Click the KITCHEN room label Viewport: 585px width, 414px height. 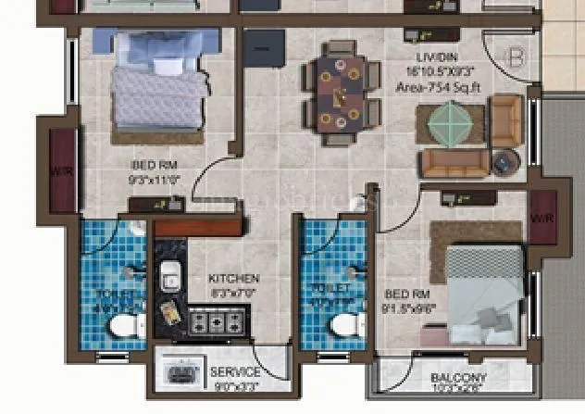point(234,279)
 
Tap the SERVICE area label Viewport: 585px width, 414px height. point(236,372)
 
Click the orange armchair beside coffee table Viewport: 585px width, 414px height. point(506,120)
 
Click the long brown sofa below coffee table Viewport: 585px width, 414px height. point(454,164)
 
